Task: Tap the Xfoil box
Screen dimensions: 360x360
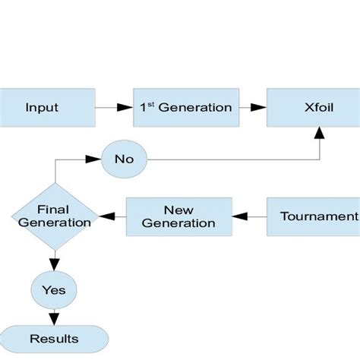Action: coord(313,107)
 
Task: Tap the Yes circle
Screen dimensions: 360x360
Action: coord(53,289)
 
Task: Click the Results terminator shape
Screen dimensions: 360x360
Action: coord(53,337)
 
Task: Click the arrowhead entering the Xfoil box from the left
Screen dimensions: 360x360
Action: coord(261,107)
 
